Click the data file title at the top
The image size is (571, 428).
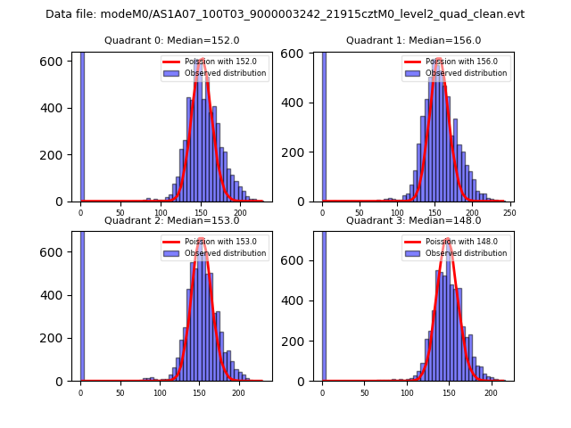[285, 14]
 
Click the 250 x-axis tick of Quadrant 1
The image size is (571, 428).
[509, 212]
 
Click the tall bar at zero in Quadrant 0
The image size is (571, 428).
[82, 125]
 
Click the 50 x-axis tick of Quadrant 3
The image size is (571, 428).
[364, 392]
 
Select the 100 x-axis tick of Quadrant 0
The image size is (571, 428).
[161, 212]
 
